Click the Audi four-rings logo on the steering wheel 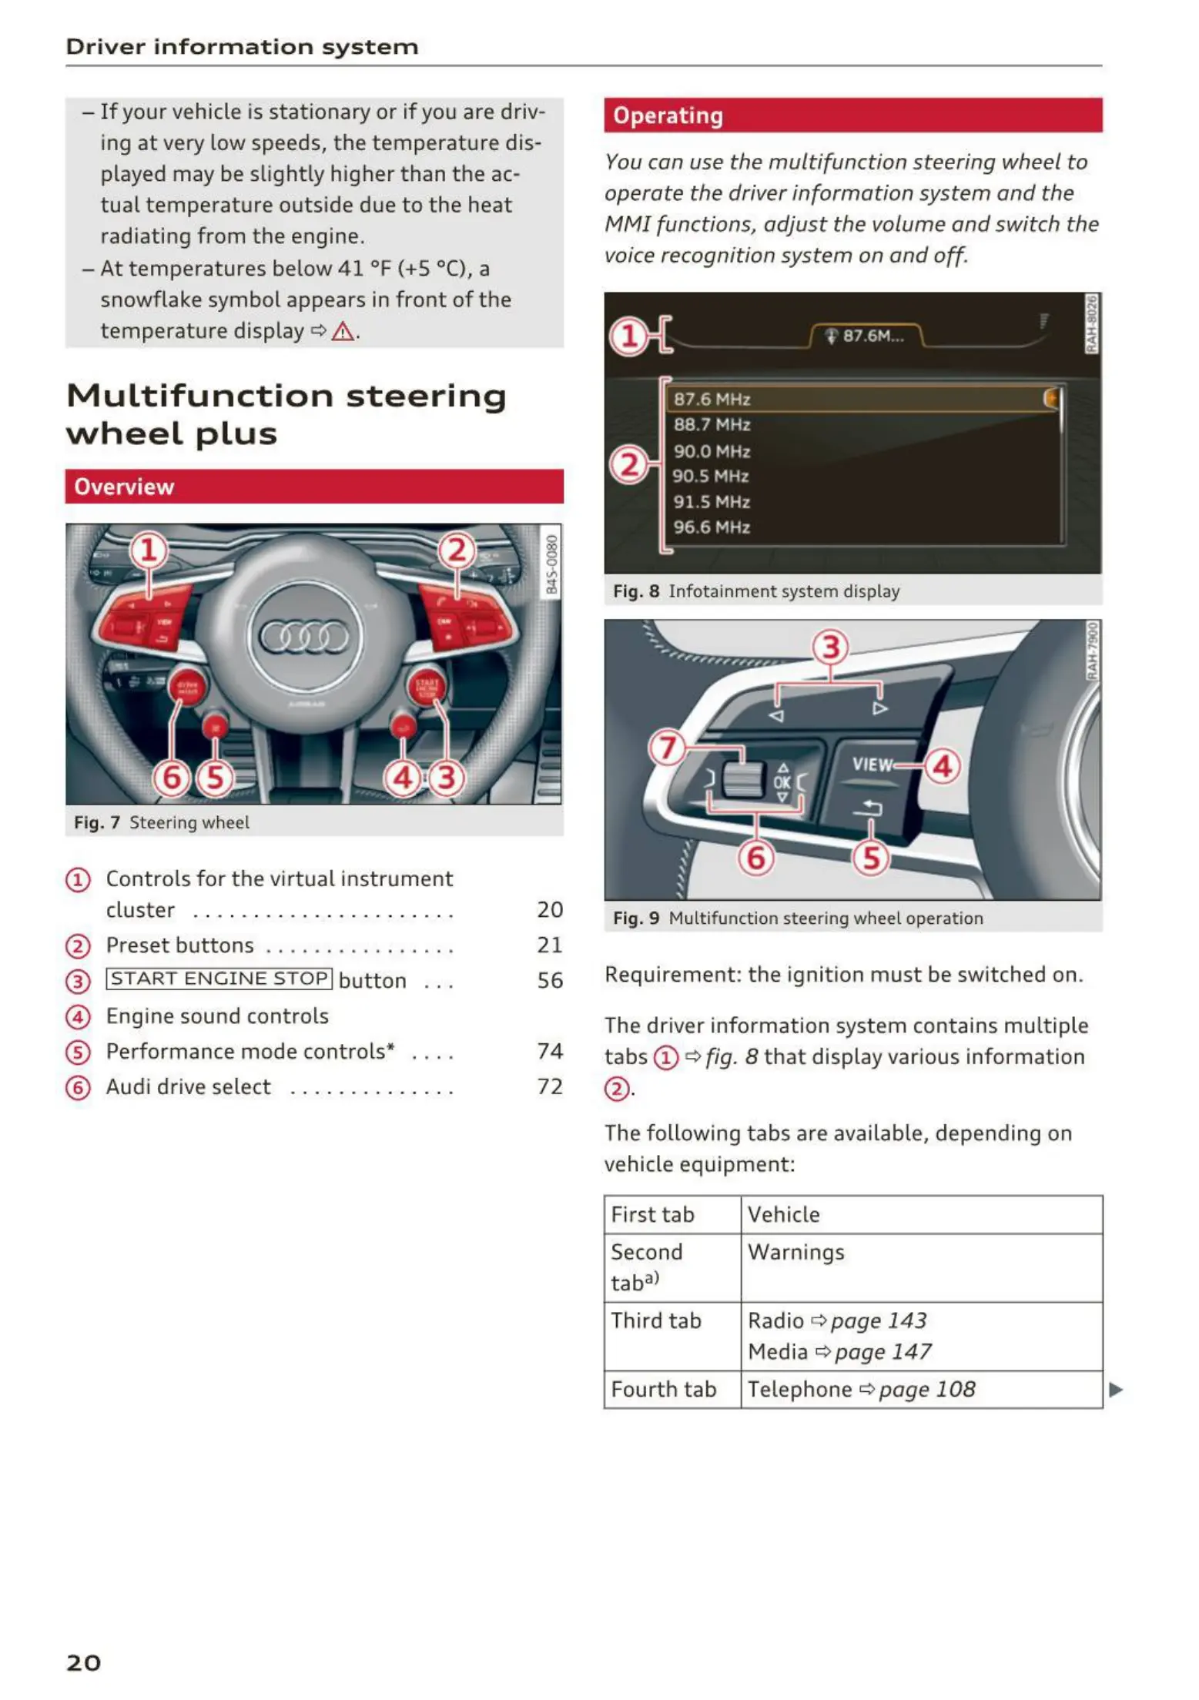point(304,637)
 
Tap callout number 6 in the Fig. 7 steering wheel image point(171,778)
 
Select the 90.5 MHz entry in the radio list point(711,477)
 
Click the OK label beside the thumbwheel point(782,782)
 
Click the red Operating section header point(852,115)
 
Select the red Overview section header point(313,487)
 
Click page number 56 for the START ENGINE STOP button point(550,980)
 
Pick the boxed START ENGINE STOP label point(219,979)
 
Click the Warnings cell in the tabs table point(795,1253)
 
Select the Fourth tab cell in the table point(664,1390)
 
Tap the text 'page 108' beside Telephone point(926,1390)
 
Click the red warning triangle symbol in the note point(342,332)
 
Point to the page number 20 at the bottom point(83,1662)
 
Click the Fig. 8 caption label point(636,591)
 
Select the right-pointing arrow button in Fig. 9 point(879,708)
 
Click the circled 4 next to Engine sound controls point(78,1017)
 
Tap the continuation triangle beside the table point(1116,1390)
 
